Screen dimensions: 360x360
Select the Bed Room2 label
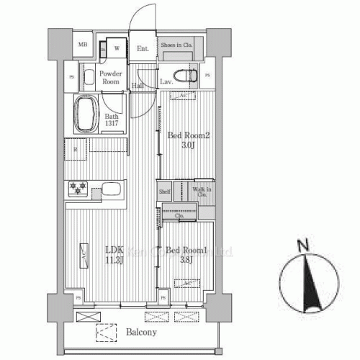pos(189,135)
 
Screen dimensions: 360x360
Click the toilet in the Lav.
pos(188,75)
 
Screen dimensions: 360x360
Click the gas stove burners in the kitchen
pos(78,189)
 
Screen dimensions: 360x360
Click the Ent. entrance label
pos(143,49)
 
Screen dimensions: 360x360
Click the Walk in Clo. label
pos(202,192)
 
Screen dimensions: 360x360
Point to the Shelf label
pos(165,192)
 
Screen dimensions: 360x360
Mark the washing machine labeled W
pos(115,49)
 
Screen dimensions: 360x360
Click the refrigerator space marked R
pos(76,149)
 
